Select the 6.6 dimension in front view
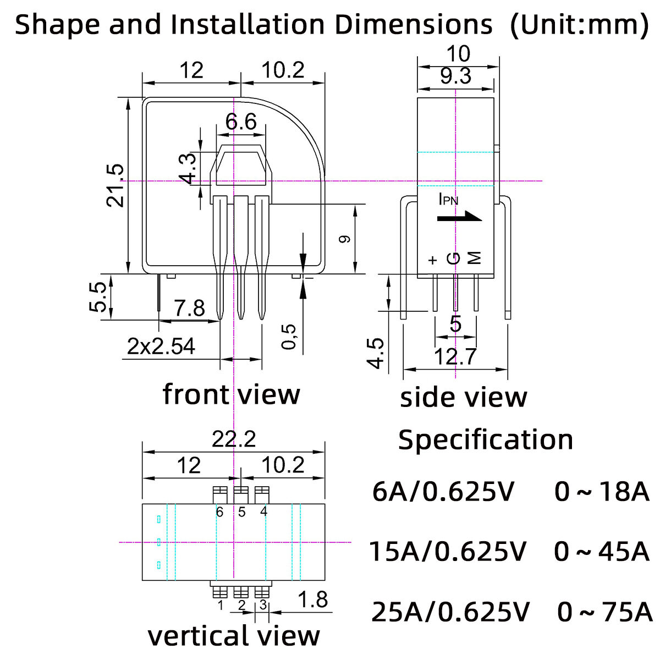click(241, 122)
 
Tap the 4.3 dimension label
click(188, 168)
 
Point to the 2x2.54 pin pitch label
click(161, 346)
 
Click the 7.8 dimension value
click(189, 308)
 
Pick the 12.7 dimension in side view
click(455, 357)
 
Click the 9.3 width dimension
click(455, 76)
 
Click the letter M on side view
click(474, 258)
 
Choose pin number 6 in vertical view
click(220, 512)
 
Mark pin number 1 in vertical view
click(220, 606)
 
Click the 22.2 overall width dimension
click(234, 439)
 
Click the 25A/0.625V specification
click(450, 612)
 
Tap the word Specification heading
click(485, 439)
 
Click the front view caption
click(232, 394)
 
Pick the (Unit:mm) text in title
click(579, 25)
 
